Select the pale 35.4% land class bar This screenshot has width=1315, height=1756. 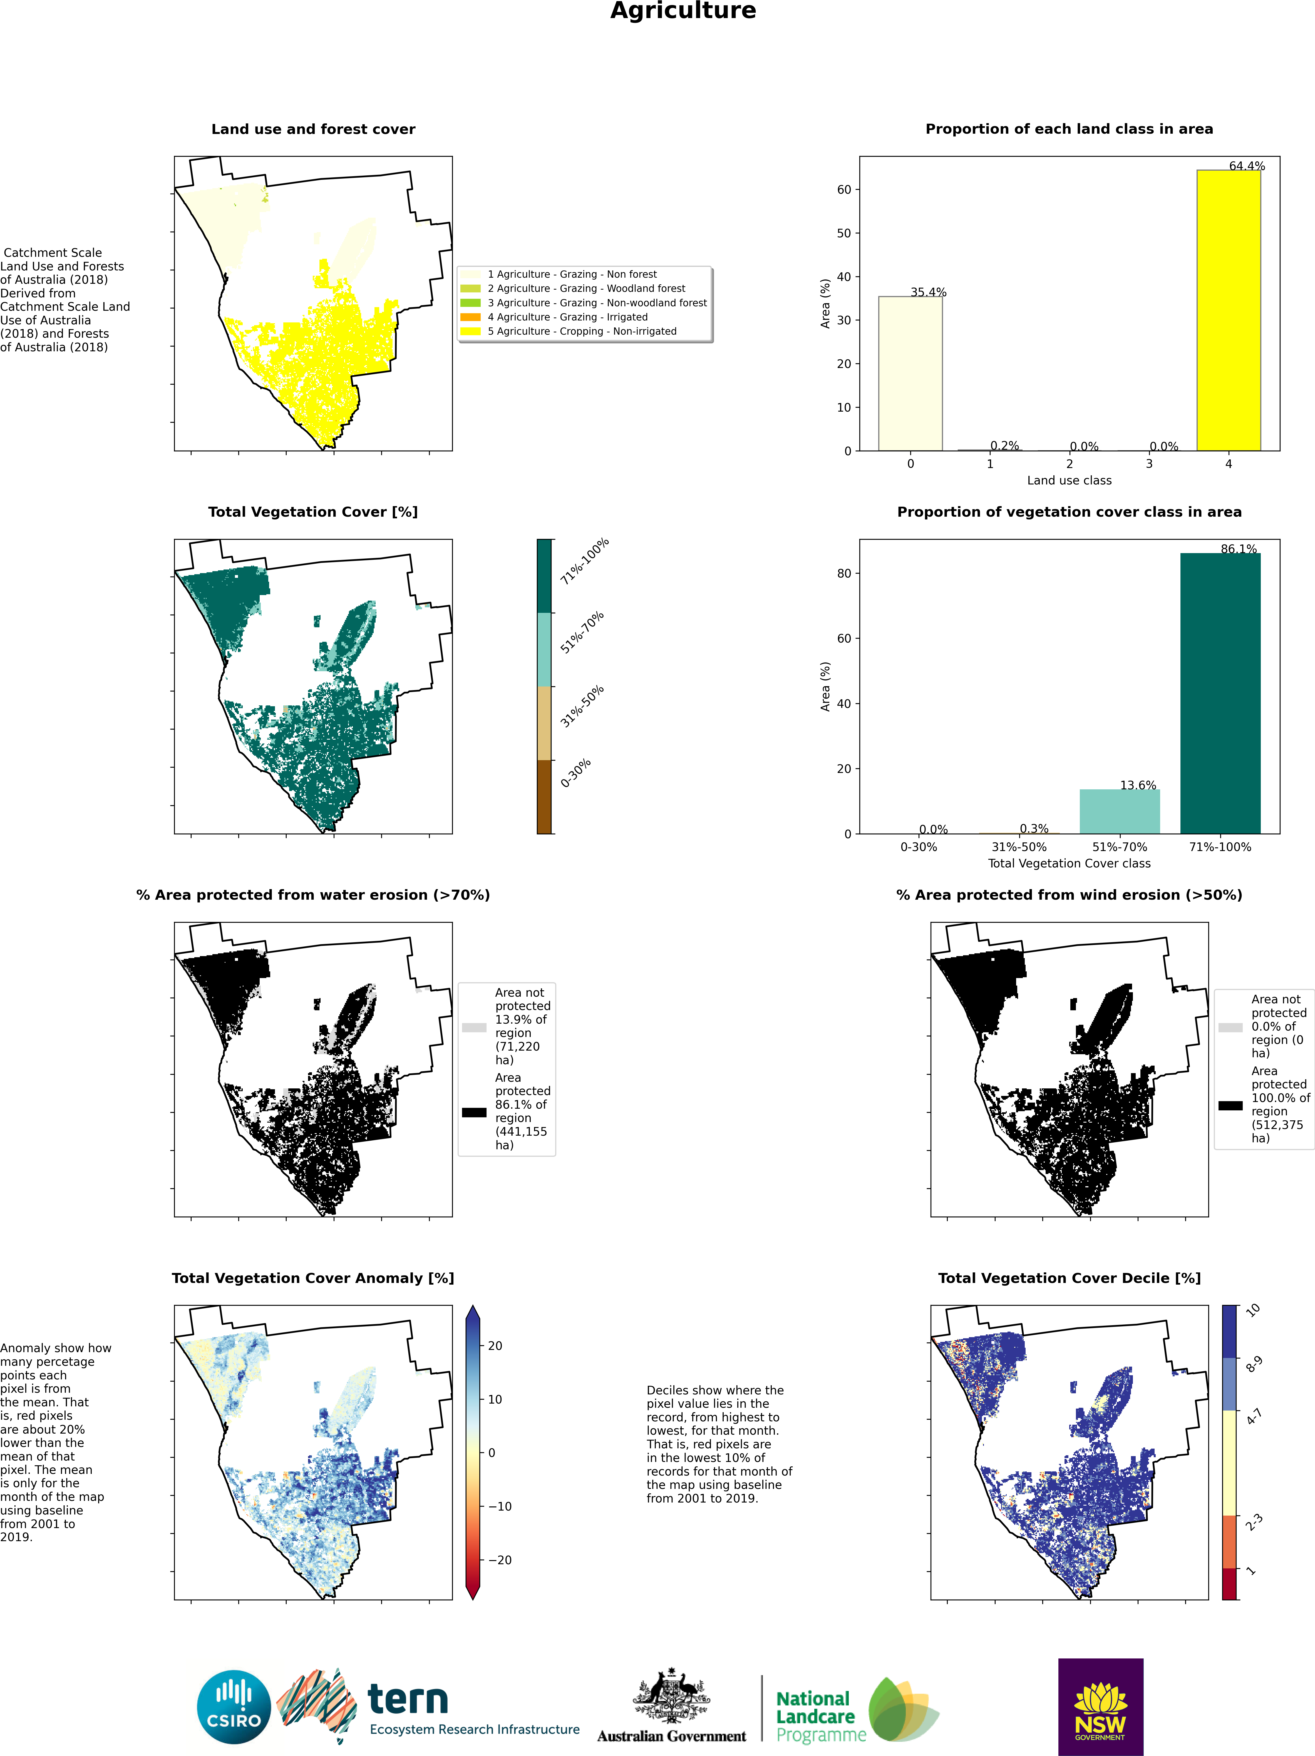pos(910,373)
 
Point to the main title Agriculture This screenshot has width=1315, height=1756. pos(683,11)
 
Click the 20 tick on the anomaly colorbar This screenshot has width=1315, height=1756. pos(495,1345)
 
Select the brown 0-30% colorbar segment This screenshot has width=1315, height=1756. pos(544,796)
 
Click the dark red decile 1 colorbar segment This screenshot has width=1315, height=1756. pos(1229,1583)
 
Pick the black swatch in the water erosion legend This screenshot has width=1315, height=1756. pos(474,1112)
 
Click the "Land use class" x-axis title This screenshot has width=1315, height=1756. pos(1069,480)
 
